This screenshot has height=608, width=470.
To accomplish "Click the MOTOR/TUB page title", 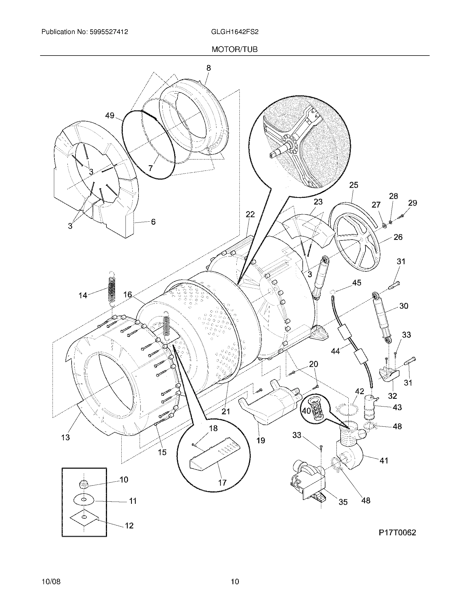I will pos(234,49).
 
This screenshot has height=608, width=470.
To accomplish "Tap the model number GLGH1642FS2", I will pos(235,32).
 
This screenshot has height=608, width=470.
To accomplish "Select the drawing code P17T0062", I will pos(397,533).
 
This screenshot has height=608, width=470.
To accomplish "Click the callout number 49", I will pos(110,115).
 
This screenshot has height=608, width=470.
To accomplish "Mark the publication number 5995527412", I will pos(109,32).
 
